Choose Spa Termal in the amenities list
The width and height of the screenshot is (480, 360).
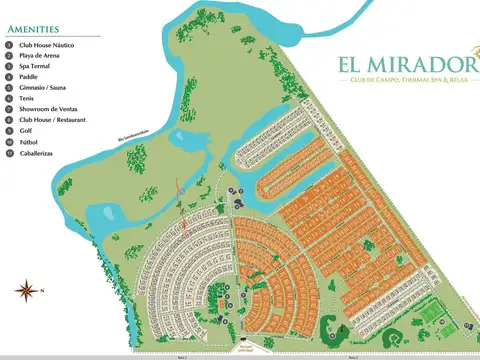[35, 67]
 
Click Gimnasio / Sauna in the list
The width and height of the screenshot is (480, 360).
[42, 88]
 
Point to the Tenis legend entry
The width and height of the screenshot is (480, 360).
[28, 98]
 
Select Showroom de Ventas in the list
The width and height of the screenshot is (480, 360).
[46, 109]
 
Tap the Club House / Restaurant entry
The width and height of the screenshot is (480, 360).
[51, 119]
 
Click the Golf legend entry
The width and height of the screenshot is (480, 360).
[27, 130]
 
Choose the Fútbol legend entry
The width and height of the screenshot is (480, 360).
[29, 140]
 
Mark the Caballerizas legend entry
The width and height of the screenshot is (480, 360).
[37, 151]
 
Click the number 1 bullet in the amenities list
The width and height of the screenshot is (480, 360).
[9, 46]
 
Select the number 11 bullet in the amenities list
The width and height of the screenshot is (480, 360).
[9, 151]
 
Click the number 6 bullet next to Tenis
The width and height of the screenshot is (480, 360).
[9, 98]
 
